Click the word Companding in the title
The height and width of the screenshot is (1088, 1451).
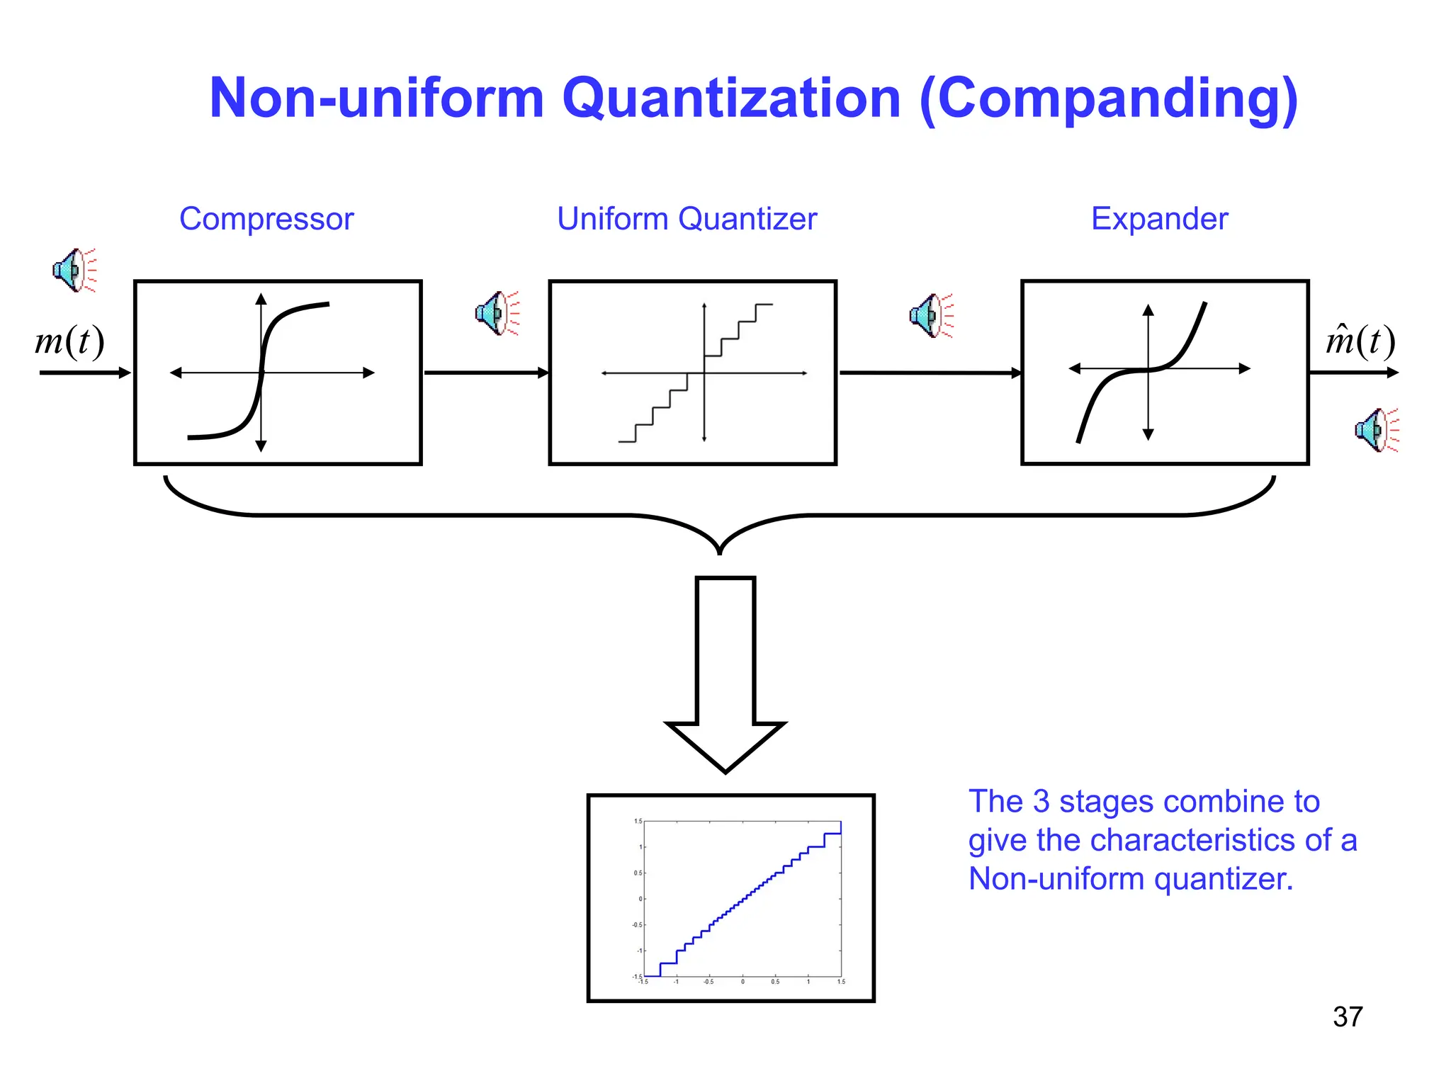(x=1110, y=99)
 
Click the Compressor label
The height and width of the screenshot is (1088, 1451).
(x=266, y=219)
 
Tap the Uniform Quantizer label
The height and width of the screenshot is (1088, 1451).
(x=687, y=219)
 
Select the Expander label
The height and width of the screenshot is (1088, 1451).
(x=1159, y=219)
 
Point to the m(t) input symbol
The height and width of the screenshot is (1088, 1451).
(x=69, y=341)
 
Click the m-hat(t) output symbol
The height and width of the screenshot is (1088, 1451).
(x=1360, y=341)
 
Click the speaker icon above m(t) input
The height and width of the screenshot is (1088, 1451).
(x=74, y=270)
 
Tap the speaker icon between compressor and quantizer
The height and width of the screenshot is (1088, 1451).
(x=497, y=312)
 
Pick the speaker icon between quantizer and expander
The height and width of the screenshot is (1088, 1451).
(x=931, y=315)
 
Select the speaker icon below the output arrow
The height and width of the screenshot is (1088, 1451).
(x=1376, y=430)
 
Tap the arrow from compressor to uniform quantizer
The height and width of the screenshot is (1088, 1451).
(x=486, y=373)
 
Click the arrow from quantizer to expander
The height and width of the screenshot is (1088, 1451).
(x=929, y=373)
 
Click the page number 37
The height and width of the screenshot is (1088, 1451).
(x=1347, y=1017)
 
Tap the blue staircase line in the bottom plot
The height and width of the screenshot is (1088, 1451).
(x=741, y=900)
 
